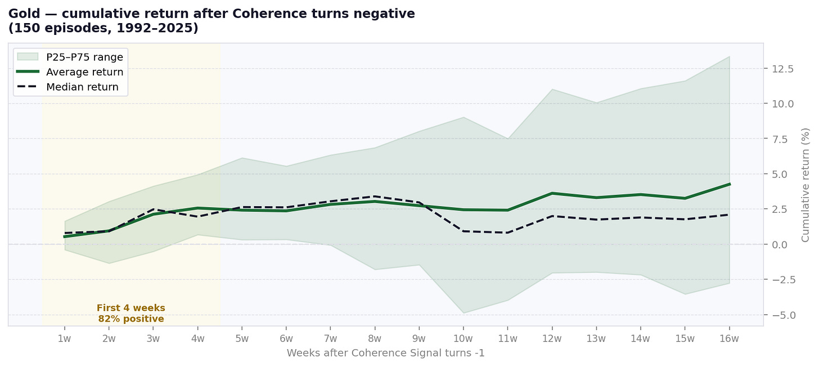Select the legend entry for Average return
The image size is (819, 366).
(84, 72)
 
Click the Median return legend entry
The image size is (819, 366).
(82, 87)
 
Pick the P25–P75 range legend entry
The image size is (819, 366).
(84, 56)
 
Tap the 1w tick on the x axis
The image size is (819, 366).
(65, 338)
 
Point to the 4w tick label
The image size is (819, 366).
(197, 338)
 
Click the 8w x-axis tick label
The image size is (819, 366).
(375, 338)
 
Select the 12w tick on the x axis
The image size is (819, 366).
(552, 338)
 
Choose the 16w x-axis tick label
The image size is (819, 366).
(729, 338)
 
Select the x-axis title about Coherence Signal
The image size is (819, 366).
(385, 353)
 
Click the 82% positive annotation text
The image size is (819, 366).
(131, 319)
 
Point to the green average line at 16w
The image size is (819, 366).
(729, 184)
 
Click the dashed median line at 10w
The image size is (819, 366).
(463, 231)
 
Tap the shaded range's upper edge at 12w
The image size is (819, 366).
(552, 90)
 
